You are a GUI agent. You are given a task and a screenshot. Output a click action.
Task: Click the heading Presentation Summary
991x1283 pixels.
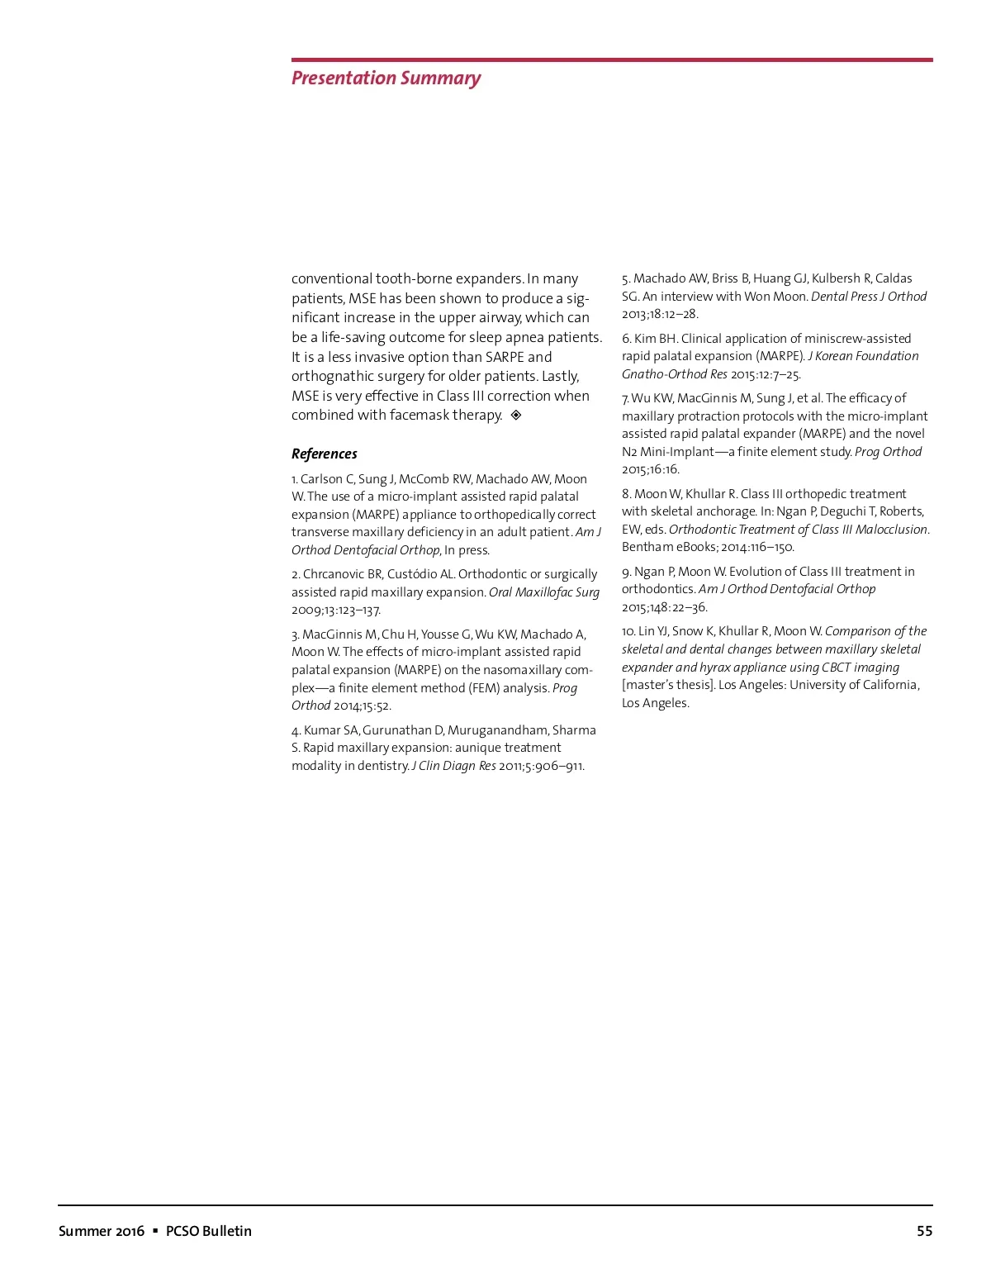[386, 78]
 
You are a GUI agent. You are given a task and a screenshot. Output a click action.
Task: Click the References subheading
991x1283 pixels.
[325, 454]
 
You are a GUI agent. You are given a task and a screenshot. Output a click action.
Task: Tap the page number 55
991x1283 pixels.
[924, 1231]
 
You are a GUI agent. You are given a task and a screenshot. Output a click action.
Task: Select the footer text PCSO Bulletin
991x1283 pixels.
[209, 1231]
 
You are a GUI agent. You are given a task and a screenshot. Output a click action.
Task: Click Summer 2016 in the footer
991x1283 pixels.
[102, 1231]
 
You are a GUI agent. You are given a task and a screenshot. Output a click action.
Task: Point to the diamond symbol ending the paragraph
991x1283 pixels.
[516, 416]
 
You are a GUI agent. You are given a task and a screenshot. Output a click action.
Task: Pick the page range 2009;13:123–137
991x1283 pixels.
[336, 611]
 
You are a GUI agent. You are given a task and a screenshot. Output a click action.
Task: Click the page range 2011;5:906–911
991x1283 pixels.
[541, 766]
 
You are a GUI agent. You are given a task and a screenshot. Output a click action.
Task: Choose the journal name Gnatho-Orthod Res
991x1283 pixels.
[675, 374]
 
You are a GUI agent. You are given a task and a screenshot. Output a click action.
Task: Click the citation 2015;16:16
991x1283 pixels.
[651, 469]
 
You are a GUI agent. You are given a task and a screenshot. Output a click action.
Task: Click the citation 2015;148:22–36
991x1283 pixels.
[665, 607]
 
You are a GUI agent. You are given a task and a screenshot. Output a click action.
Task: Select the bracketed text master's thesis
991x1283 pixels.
[668, 685]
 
